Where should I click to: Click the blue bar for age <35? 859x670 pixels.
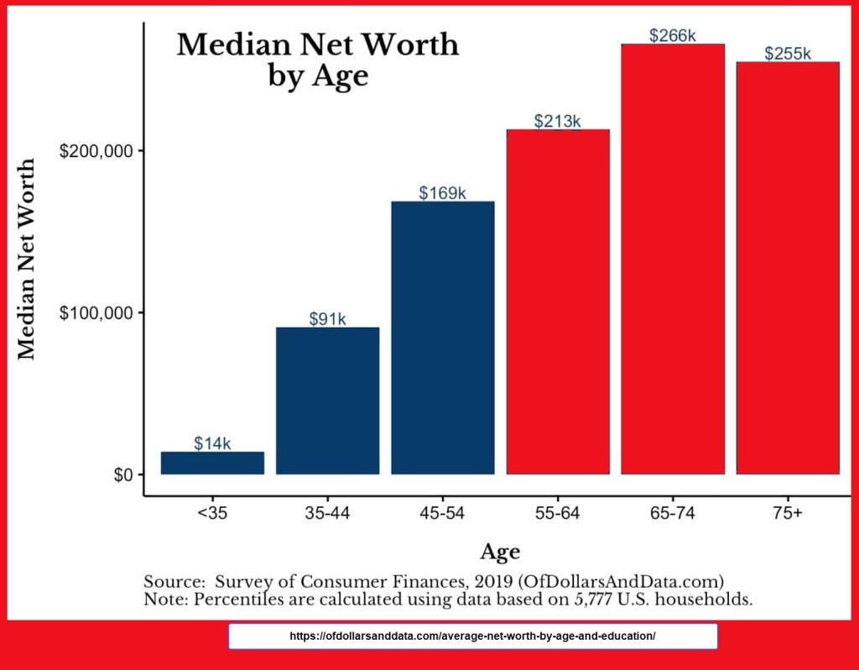pyautogui.click(x=212, y=463)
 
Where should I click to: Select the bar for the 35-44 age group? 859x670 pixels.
pyautogui.click(x=327, y=400)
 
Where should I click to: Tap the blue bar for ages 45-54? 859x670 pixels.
pyautogui.click(x=442, y=338)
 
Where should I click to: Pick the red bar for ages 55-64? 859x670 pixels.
pyautogui.click(x=558, y=301)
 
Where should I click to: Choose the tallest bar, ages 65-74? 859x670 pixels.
pyautogui.click(x=673, y=259)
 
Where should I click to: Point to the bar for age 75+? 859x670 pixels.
pyautogui.click(x=788, y=268)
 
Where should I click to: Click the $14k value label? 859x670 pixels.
pyautogui.click(x=212, y=443)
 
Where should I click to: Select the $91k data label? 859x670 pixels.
pyautogui.click(x=327, y=319)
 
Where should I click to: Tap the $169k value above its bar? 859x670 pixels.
pyautogui.click(x=442, y=193)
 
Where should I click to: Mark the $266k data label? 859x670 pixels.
pyautogui.click(x=673, y=35)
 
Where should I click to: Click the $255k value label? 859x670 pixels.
pyautogui.click(x=788, y=54)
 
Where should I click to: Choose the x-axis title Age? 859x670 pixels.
pyautogui.click(x=500, y=552)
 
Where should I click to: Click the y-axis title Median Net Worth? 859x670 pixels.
pyautogui.click(x=28, y=259)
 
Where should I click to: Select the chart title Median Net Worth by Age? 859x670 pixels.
pyautogui.click(x=318, y=59)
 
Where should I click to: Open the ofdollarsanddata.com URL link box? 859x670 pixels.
pyautogui.click(x=472, y=636)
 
